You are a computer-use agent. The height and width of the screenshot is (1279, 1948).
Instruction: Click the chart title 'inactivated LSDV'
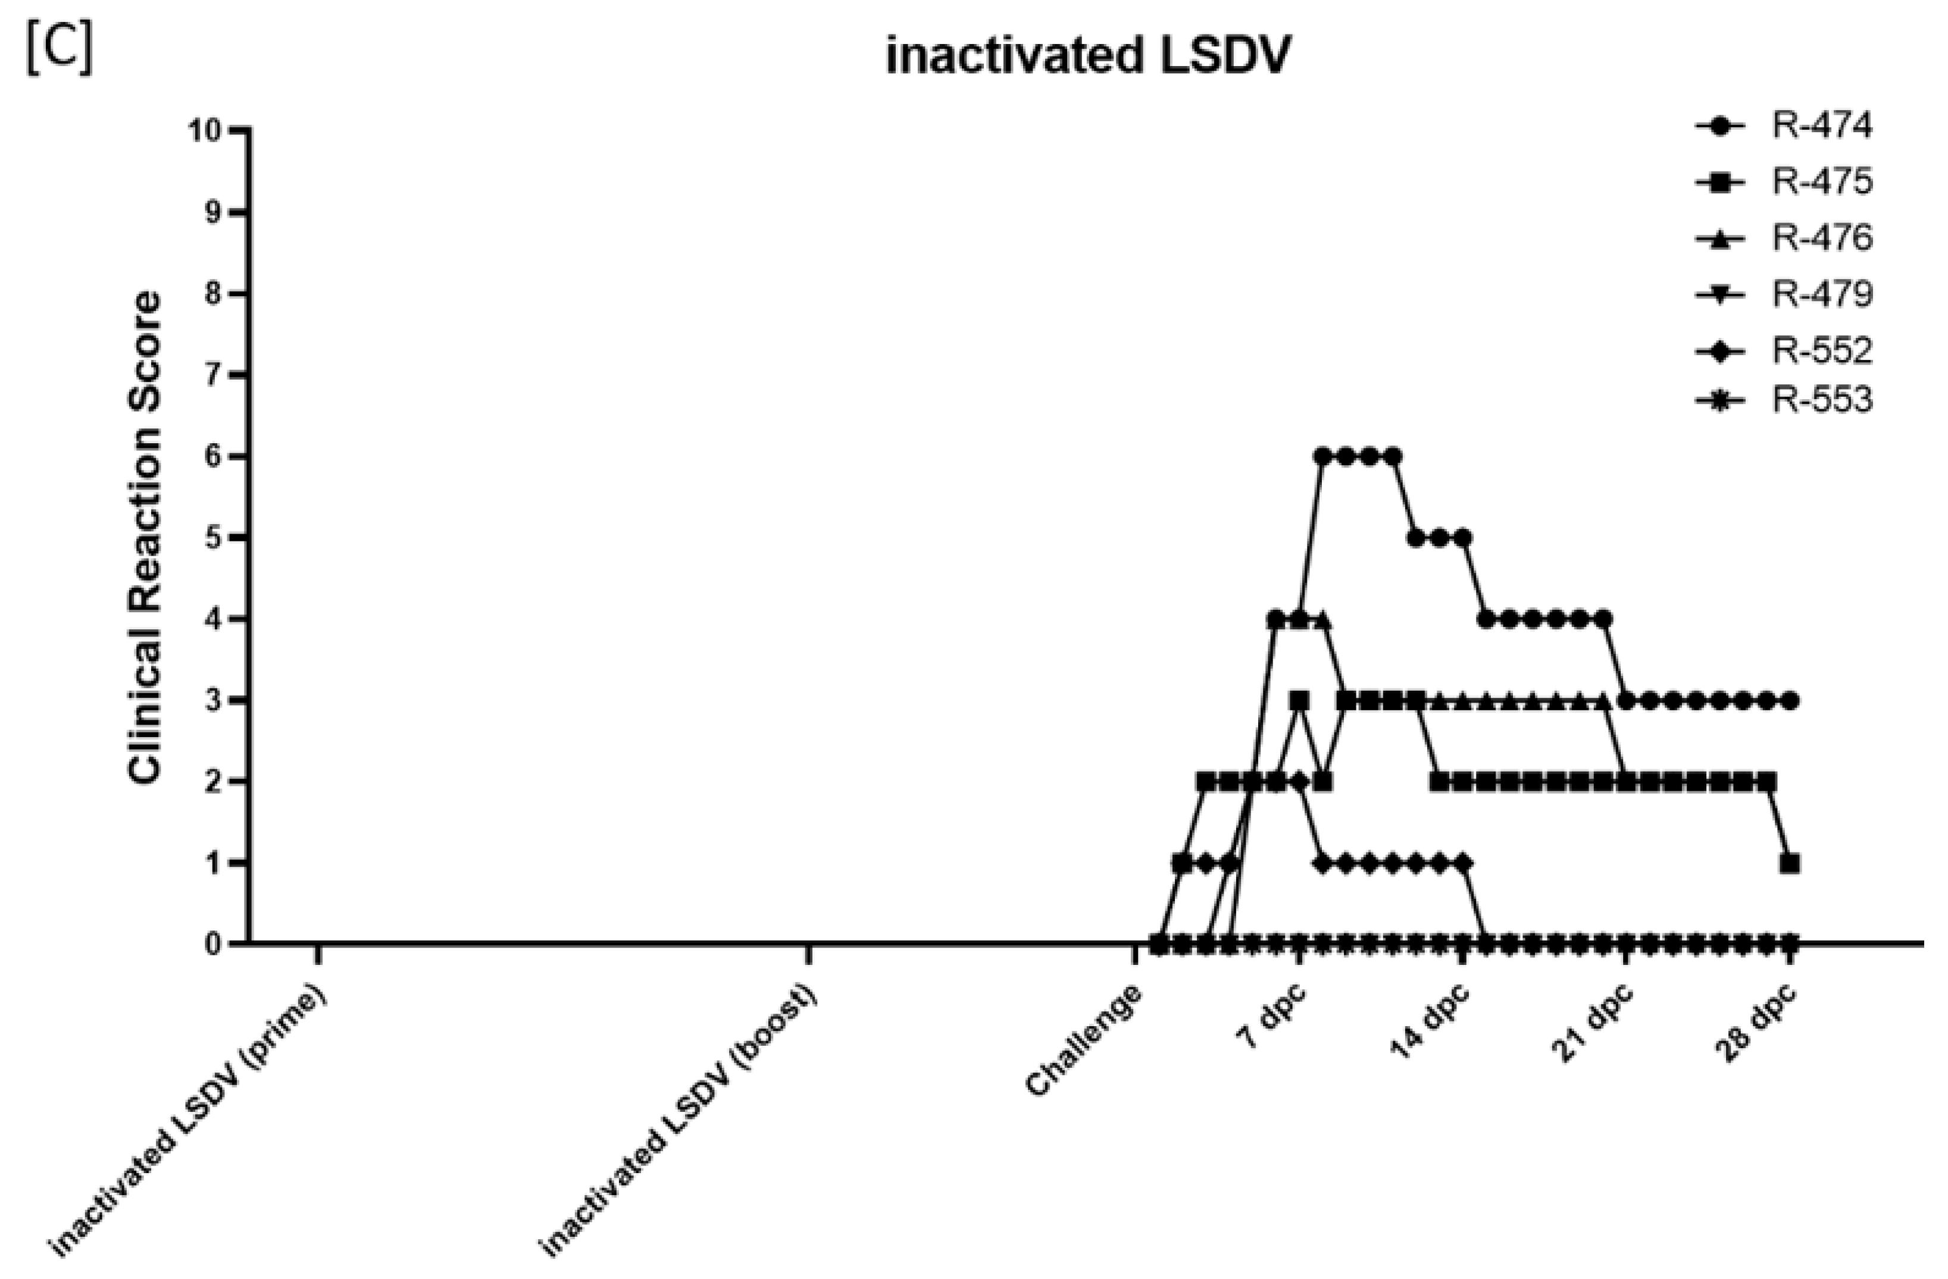(1088, 57)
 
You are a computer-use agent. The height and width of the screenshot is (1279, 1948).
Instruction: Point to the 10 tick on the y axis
(205, 131)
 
